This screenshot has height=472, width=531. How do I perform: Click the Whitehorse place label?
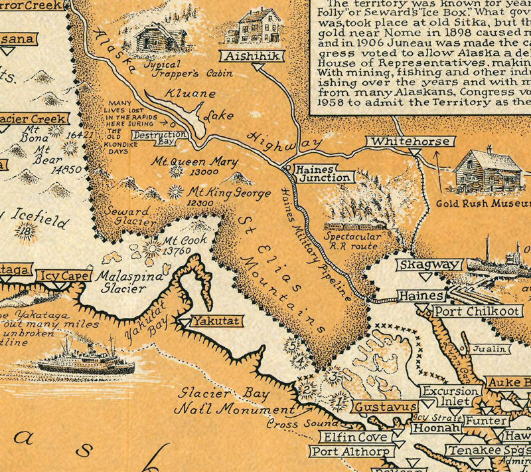click(x=412, y=142)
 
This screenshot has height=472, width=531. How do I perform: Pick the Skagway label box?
click(x=429, y=265)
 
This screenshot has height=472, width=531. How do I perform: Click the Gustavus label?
click(x=384, y=406)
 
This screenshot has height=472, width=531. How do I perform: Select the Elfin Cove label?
click(x=355, y=437)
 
